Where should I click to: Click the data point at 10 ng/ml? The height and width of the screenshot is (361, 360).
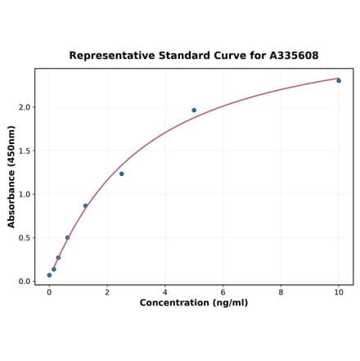(339, 80)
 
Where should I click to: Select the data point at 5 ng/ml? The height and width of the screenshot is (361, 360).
(194, 110)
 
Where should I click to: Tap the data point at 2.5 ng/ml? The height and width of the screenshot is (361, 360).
(122, 174)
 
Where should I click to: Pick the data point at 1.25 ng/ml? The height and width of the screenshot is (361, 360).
(85, 205)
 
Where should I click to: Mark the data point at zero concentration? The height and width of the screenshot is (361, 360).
(49, 275)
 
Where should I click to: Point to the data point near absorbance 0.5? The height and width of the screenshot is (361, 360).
(67, 237)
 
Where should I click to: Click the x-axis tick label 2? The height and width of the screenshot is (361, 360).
(107, 291)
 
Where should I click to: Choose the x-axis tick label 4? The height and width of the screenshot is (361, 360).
(165, 291)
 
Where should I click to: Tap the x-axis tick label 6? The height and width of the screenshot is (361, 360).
(223, 291)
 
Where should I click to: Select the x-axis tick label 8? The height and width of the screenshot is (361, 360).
(281, 291)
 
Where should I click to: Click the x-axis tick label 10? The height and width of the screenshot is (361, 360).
(339, 291)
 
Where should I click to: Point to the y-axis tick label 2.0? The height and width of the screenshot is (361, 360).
(25, 107)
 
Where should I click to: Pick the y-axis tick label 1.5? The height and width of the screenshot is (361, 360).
(25, 151)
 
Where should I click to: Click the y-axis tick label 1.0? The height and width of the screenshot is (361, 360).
(25, 194)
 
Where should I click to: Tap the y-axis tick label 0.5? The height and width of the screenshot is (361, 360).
(25, 238)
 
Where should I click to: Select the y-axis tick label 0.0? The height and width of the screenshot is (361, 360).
(25, 282)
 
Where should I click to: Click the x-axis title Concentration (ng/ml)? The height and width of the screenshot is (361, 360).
(194, 303)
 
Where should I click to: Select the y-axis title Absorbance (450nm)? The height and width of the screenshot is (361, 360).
(11, 176)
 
